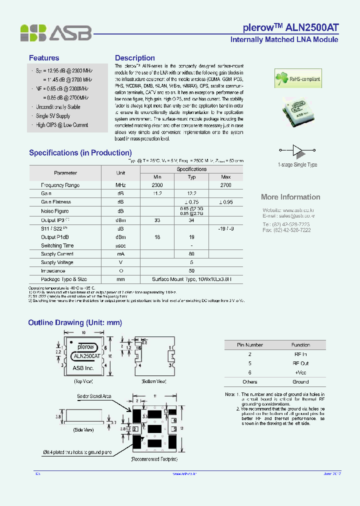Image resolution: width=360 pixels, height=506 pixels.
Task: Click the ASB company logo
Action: coord(56,33)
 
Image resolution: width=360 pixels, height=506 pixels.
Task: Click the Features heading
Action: coord(44,58)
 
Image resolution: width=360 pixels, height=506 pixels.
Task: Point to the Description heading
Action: coord(135,58)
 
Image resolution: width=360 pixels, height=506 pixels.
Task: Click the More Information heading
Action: coord(290,197)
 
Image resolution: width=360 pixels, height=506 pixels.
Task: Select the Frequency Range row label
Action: coord(60,185)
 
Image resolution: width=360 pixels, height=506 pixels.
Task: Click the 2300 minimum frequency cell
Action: coord(157,185)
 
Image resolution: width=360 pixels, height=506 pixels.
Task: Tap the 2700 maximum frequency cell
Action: coord(226,185)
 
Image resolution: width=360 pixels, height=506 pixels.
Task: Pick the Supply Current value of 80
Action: coord(191,254)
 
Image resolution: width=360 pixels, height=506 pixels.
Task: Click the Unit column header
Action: coord(120,173)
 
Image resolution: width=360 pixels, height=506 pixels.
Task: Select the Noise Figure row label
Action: coord(55,211)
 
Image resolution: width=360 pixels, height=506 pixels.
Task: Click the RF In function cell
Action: coord(300,354)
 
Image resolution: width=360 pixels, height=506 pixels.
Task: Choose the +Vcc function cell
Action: coord(300,372)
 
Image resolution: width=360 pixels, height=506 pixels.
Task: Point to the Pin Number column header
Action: coord(249,345)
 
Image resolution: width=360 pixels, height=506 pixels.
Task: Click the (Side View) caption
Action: coord(84,429)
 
